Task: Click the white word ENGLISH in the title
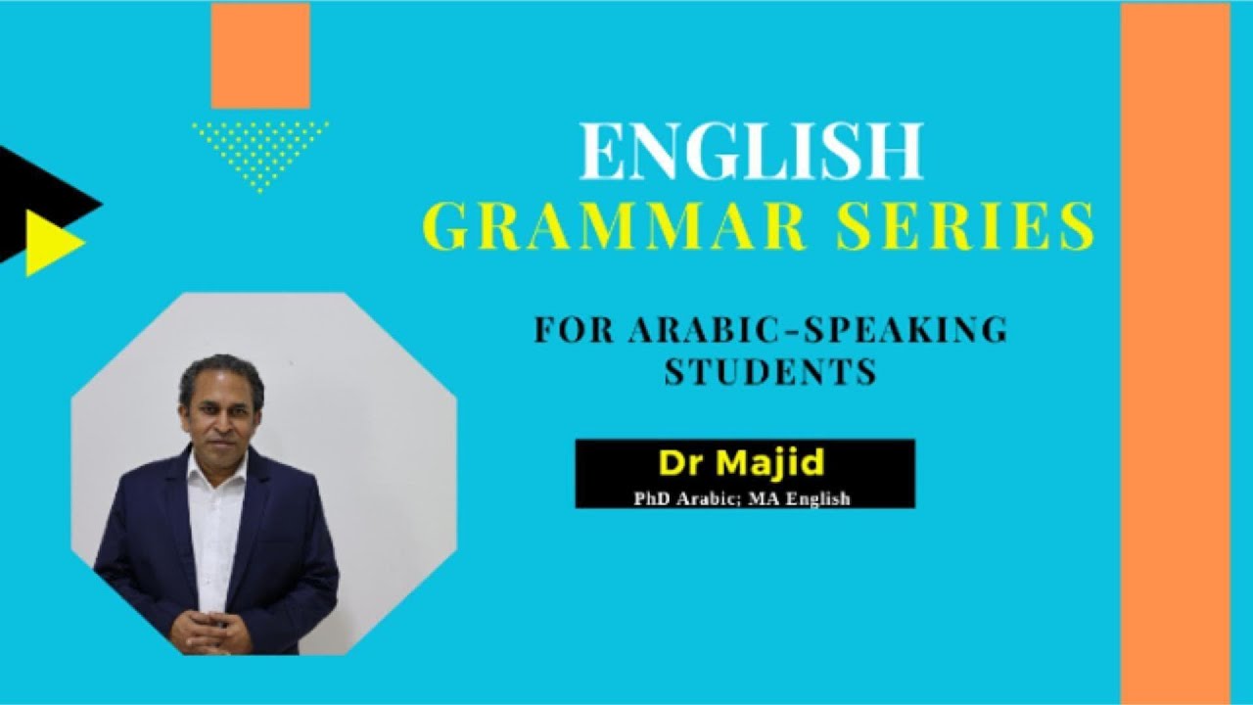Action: pos(751,152)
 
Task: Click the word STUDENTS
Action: pos(770,372)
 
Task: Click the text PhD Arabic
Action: pos(684,498)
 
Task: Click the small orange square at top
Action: pos(260,55)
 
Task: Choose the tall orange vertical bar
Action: pos(1175,352)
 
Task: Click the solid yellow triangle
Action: pos(49,242)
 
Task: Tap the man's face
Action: pos(221,411)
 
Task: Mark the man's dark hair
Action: pos(221,370)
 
